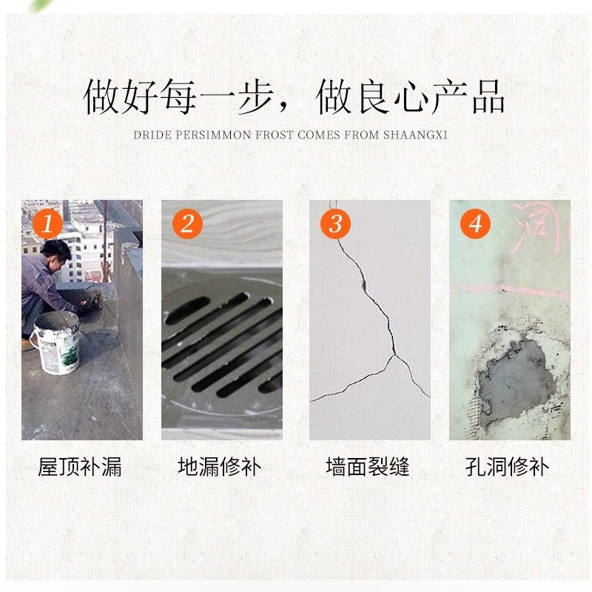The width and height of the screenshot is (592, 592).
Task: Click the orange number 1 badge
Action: [x=47, y=223]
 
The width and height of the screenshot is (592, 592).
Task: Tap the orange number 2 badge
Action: [x=187, y=223]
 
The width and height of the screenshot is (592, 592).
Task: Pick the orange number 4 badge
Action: [x=475, y=223]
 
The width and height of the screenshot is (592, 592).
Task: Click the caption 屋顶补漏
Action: [x=80, y=467]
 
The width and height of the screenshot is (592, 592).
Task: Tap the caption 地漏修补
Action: [x=220, y=467]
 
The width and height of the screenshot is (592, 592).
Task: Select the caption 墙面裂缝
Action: [x=368, y=467]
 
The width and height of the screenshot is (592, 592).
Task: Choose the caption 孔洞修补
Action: [x=508, y=467]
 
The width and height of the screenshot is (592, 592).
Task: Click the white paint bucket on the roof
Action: [x=55, y=340]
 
